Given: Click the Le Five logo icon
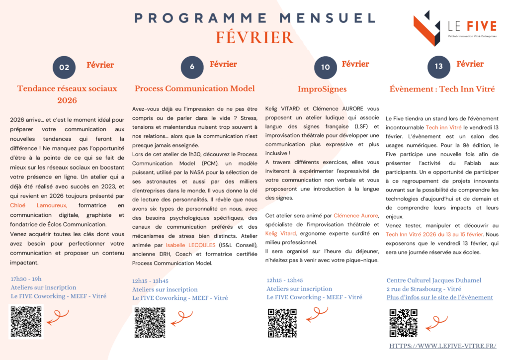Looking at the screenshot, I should pyautogui.click(x=426, y=28).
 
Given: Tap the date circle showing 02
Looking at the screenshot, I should pyautogui.click(x=64, y=68).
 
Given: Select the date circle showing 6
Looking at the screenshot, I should pyautogui.click(x=192, y=67).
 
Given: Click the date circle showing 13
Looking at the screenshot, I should pyautogui.click(x=438, y=67).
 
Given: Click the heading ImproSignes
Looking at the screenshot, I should pyautogui.click(x=322, y=90).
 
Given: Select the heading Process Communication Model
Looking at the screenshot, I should pyautogui.click(x=195, y=89).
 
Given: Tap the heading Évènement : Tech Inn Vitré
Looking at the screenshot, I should pyautogui.click(x=442, y=90).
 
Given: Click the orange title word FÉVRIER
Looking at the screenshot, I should pyautogui.click(x=254, y=38).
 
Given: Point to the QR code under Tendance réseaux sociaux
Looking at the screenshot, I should pyautogui.click(x=26, y=322).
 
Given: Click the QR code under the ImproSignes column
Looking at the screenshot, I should pyautogui.click(x=282, y=323).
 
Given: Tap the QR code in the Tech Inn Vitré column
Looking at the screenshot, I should pyautogui.click(x=403, y=323).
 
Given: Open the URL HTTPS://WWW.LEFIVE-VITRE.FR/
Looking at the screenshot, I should pyautogui.click(x=442, y=346).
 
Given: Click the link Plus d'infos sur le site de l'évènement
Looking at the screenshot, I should pyautogui.click(x=439, y=297).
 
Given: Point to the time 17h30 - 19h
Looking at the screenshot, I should pyautogui.click(x=26, y=279).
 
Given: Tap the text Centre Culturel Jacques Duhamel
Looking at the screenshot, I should pyautogui.click(x=434, y=280).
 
